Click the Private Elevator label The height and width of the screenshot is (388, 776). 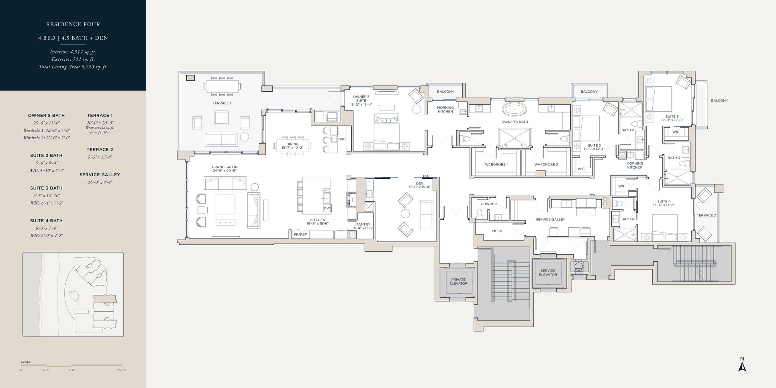pos(458,282)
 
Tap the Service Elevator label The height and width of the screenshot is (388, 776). pos(548,273)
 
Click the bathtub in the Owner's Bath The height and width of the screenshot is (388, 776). pos(515,109)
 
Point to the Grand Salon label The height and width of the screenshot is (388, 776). pos(225,167)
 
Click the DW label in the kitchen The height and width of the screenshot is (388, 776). pos(327,208)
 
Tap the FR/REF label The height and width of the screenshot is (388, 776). pos(300,234)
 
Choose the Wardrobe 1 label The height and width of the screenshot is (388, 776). pos(496,165)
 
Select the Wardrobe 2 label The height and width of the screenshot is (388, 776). pos(546,165)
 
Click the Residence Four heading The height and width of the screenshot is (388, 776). pos(73,25)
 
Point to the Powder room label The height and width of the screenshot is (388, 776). pos(489,204)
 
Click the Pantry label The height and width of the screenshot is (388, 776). pos(363,225)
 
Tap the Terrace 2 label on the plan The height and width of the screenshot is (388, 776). pos(706,215)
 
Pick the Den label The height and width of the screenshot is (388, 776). pos(420,184)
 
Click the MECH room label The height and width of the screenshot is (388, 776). pos(497,231)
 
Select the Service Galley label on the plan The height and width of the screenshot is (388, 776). pos(550,219)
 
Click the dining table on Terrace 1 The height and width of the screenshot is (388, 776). pos(222,86)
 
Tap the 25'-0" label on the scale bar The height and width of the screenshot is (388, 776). pos(122,370)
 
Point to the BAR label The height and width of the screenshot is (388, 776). pos(342,139)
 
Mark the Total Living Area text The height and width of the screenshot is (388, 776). pos(73,67)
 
